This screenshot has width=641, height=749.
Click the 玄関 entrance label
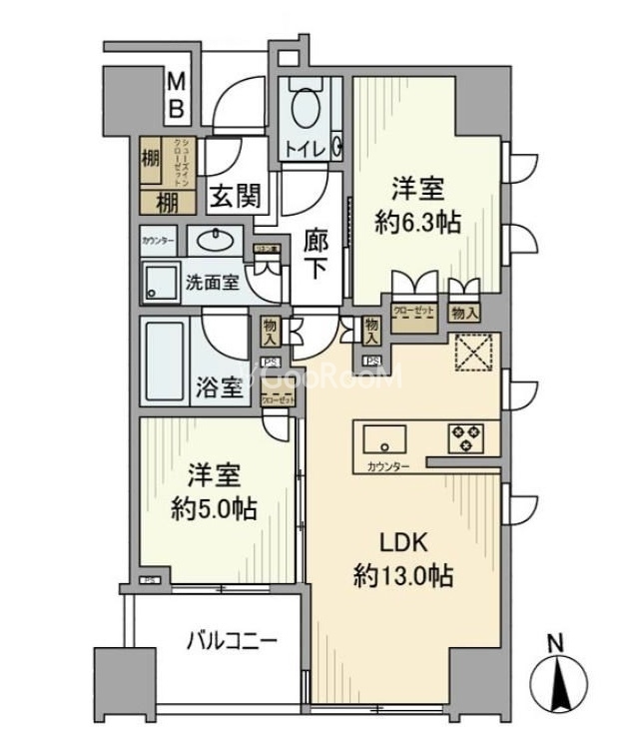pos(237,197)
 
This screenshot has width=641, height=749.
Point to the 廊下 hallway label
pos(318,256)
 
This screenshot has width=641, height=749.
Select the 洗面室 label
pos(212,282)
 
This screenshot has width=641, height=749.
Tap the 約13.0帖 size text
pos(404,576)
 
